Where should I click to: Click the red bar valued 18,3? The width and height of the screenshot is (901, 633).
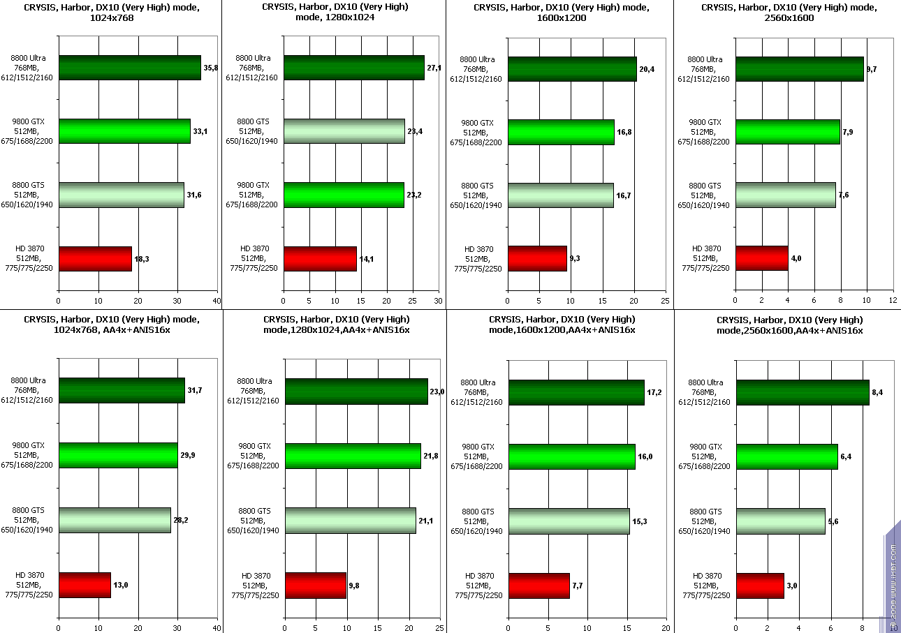click(x=95, y=259)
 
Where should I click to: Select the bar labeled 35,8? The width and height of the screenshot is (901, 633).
click(x=130, y=68)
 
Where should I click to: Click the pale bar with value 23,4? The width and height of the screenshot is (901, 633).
click(x=344, y=131)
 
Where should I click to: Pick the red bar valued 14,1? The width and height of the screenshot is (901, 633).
click(x=320, y=259)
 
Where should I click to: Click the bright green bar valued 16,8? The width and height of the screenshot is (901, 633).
click(x=562, y=133)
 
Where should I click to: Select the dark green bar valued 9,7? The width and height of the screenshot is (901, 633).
click(x=800, y=69)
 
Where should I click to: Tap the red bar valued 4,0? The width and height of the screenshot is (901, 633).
click(x=762, y=258)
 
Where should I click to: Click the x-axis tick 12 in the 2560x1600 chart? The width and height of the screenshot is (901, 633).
click(x=893, y=300)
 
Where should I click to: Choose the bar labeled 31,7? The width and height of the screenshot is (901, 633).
click(x=122, y=390)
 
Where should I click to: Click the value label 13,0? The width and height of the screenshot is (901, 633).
click(x=121, y=585)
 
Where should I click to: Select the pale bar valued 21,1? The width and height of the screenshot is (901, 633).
click(x=351, y=521)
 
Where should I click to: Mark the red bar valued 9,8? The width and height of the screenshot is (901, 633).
click(x=316, y=585)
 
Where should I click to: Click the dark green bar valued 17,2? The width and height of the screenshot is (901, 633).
click(x=576, y=392)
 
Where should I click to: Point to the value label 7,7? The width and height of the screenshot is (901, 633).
click(x=578, y=586)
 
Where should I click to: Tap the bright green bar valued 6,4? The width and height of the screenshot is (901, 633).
click(x=787, y=456)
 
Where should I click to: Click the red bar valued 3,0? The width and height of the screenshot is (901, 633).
click(x=760, y=586)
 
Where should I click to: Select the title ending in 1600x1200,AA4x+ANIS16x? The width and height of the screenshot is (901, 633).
click(x=562, y=325)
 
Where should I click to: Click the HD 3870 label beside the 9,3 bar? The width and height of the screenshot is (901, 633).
click(x=478, y=259)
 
